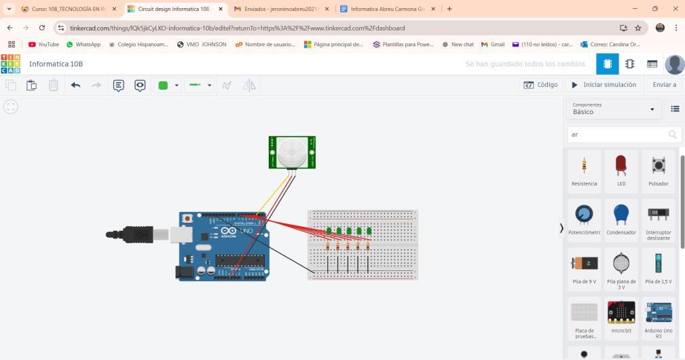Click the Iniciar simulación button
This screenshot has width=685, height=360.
604,85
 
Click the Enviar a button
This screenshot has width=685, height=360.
664,85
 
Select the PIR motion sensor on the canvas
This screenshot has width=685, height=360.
293,152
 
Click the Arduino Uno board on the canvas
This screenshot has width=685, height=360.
224,246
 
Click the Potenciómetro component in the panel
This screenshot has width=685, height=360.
584,218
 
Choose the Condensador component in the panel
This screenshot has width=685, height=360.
621,218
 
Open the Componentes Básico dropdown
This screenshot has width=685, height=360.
614,109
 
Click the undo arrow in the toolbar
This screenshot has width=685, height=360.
75,85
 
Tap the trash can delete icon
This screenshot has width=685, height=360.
53,85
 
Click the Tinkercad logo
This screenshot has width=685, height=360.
11,64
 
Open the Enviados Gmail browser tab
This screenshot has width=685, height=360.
281,9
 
